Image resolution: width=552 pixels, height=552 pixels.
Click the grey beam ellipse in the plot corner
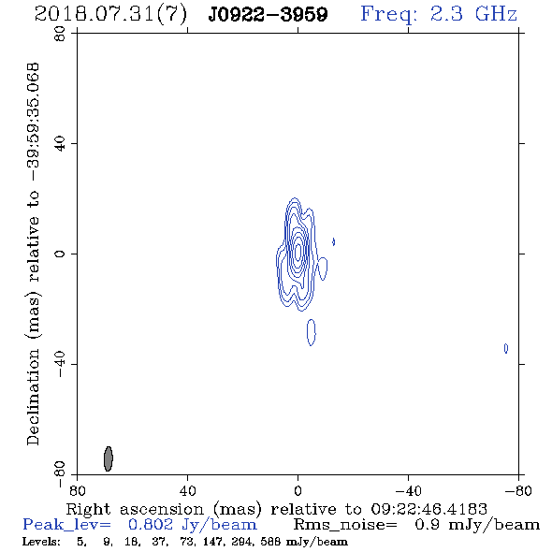[x=109, y=458]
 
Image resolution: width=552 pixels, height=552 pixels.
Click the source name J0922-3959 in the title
[x=268, y=15]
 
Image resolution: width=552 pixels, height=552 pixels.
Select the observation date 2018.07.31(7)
[x=110, y=15]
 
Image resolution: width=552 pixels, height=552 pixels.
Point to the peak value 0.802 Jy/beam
[x=193, y=525]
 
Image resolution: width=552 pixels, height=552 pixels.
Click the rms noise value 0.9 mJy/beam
[x=477, y=525]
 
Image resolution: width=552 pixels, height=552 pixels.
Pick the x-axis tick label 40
[x=187, y=491]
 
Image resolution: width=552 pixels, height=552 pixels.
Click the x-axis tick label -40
[x=408, y=491]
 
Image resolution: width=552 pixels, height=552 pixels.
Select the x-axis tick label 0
[x=298, y=491]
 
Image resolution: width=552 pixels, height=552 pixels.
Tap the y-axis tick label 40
[x=60, y=144]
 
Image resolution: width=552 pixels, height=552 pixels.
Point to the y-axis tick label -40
[x=60, y=364]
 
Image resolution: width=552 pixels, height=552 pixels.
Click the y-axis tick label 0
[x=60, y=254]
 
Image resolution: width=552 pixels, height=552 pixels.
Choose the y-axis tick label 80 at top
[x=60, y=34]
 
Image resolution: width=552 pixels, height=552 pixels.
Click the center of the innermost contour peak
[x=298, y=252]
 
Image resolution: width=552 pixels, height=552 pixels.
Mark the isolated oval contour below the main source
[x=312, y=332]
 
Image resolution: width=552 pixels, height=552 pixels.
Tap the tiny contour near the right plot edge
[x=506, y=348]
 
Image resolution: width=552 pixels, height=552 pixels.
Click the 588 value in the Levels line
[x=270, y=542]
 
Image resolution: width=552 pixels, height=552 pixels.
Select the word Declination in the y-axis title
[x=34, y=398]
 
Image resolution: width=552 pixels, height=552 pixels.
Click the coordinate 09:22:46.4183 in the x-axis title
[x=429, y=509]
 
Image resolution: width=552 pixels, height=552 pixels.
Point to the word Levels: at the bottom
[x=41, y=542]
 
